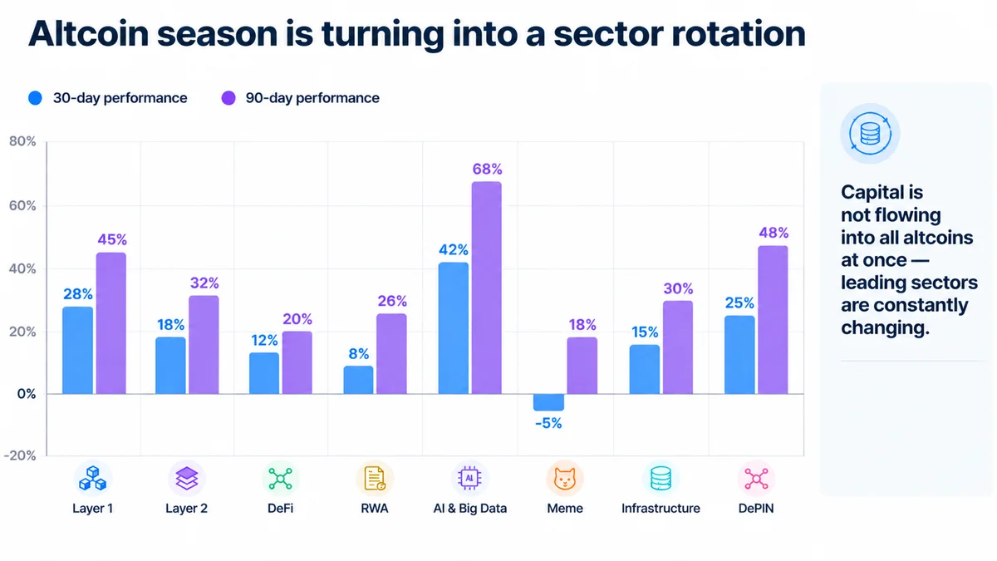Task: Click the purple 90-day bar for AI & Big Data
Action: click(x=487, y=288)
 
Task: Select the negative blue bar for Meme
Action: click(x=548, y=402)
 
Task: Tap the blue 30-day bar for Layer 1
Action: click(x=77, y=351)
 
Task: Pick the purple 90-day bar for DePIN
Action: click(x=773, y=320)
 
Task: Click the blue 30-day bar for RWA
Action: click(x=358, y=380)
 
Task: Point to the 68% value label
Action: click(x=487, y=170)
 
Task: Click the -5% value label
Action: click(x=548, y=423)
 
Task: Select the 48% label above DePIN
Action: click(x=774, y=233)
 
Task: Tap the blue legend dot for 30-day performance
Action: click(x=35, y=98)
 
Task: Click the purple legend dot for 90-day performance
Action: click(x=228, y=98)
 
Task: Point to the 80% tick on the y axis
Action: click(x=22, y=141)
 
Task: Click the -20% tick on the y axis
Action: click(x=20, y=455)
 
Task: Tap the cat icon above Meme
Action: click(x=564, y=479)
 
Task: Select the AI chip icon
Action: click(x=469, y=479)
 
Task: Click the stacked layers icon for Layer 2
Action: click(x=186, y=479)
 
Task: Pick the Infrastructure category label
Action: click(x=661, y=509)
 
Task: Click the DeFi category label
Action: click(x=281, y=509)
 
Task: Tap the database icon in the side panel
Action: click(x=870, y=134)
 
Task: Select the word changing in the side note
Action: click(x=886, y=328)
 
